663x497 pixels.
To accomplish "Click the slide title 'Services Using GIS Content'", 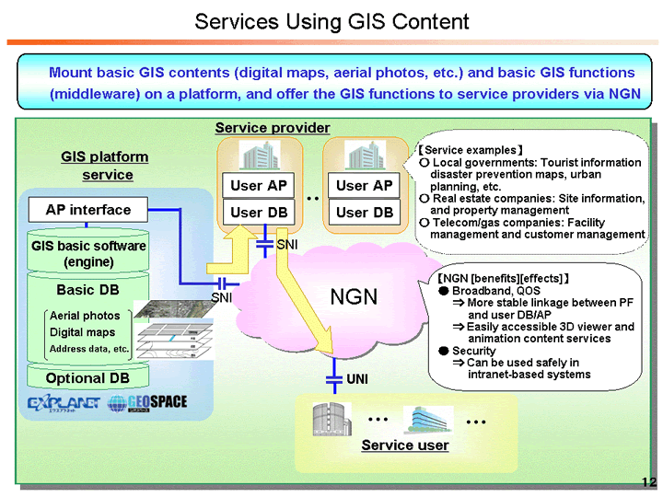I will pyautogui.click(x=331, y=21).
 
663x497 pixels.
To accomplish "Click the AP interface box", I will pyautogui.click(x=88, y=210).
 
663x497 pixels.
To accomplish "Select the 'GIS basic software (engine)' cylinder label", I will pyautogui.click(x=88, y=254).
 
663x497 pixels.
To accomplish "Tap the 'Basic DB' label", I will pyautogui.click(x=88, y=290).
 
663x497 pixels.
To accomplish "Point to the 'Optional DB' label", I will pyautogui.click(x=88, y=378).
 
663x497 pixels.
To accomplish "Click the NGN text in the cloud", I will pyautogui.click(x=355, y=296).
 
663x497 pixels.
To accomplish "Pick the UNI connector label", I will pyautogui.click(x=357, y=379).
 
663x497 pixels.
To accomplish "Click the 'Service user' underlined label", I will pyautogui.click(x=404, y=445).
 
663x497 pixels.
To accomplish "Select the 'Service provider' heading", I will pyautogui.click(x=272, y=128).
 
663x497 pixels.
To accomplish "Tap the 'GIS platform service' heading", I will pyautogui.click(x=105, y=166).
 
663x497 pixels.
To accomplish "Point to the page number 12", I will pyautogui.click(x=648, y=482).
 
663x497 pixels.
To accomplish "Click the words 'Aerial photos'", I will pyautogui.click(x=85, y=316).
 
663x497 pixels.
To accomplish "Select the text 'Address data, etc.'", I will pyautogui.click(x=89, y=350).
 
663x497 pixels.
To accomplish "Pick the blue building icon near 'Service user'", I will pyautogui.click(x=426, y=420).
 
